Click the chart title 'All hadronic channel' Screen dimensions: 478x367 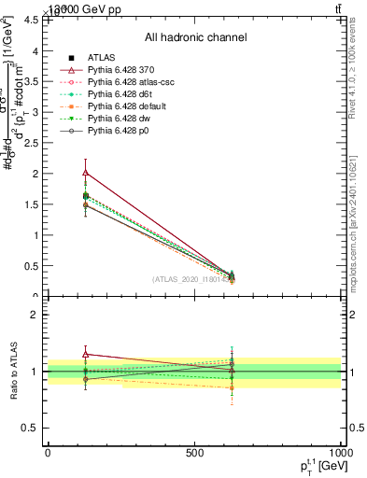(195, 37)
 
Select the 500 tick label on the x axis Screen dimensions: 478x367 (194, 453)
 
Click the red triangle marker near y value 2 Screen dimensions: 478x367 (86, 172)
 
